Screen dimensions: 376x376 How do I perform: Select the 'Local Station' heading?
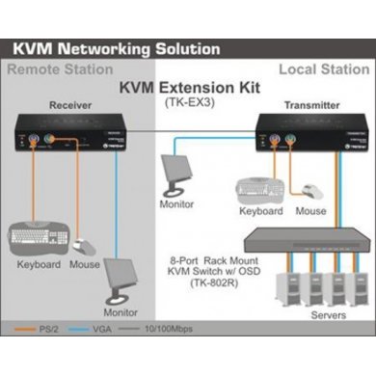tap(323, 70)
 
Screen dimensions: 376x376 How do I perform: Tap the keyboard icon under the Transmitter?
tap(257, 190)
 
